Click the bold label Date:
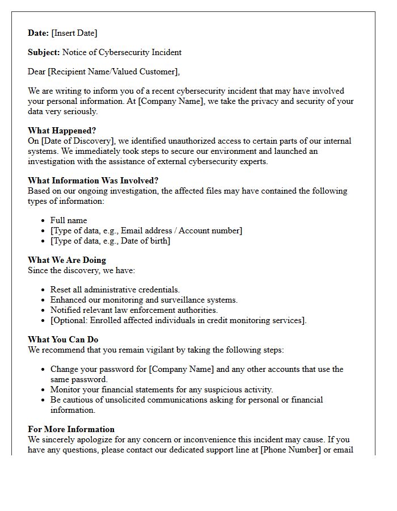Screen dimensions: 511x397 [x=39, y=33]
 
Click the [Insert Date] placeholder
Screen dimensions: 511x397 [x=74, y=33]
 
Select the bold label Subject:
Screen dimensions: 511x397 [x=44, y=52]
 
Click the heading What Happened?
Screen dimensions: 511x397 [x=62, y=131]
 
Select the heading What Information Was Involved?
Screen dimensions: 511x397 [x=93, y=181]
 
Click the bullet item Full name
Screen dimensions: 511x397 [x=69, y=220]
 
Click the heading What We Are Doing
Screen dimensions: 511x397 [x=67, y=260]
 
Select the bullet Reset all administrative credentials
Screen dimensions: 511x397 [x=115, y=290]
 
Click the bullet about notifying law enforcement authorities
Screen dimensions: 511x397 [x=134, y=310]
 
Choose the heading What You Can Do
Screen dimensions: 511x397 [x=63, y=340]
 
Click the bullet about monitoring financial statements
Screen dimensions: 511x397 [x=162, y=389]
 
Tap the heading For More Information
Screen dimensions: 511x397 [x=71, y=429]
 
